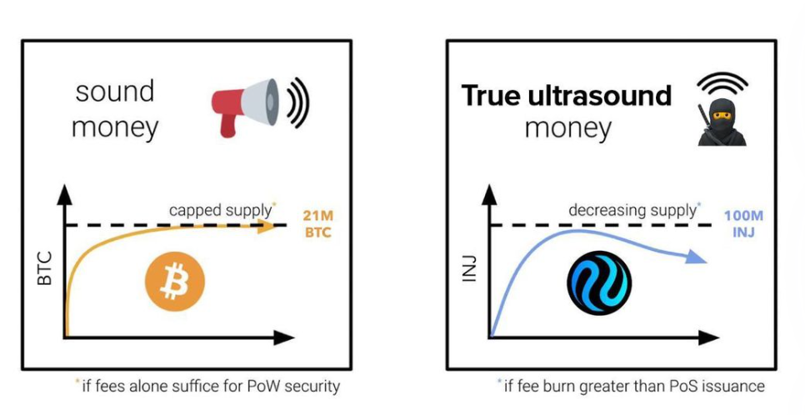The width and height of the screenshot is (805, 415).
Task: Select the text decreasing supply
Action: coord(632,210)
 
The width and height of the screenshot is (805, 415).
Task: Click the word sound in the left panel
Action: coord(114,91)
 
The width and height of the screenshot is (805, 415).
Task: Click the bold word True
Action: coord(490,96)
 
